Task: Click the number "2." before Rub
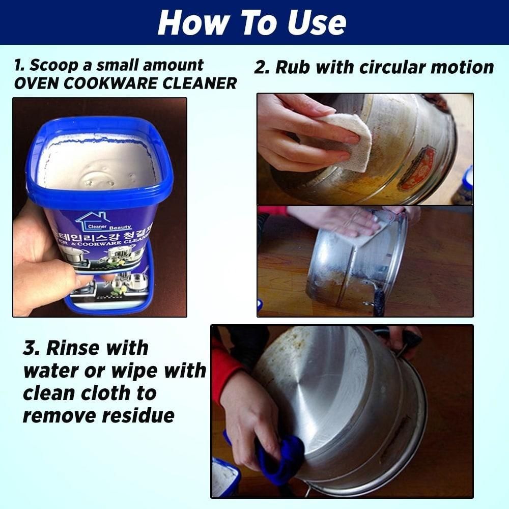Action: [x=261, y=67]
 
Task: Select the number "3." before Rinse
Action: [x=32, y=348]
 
